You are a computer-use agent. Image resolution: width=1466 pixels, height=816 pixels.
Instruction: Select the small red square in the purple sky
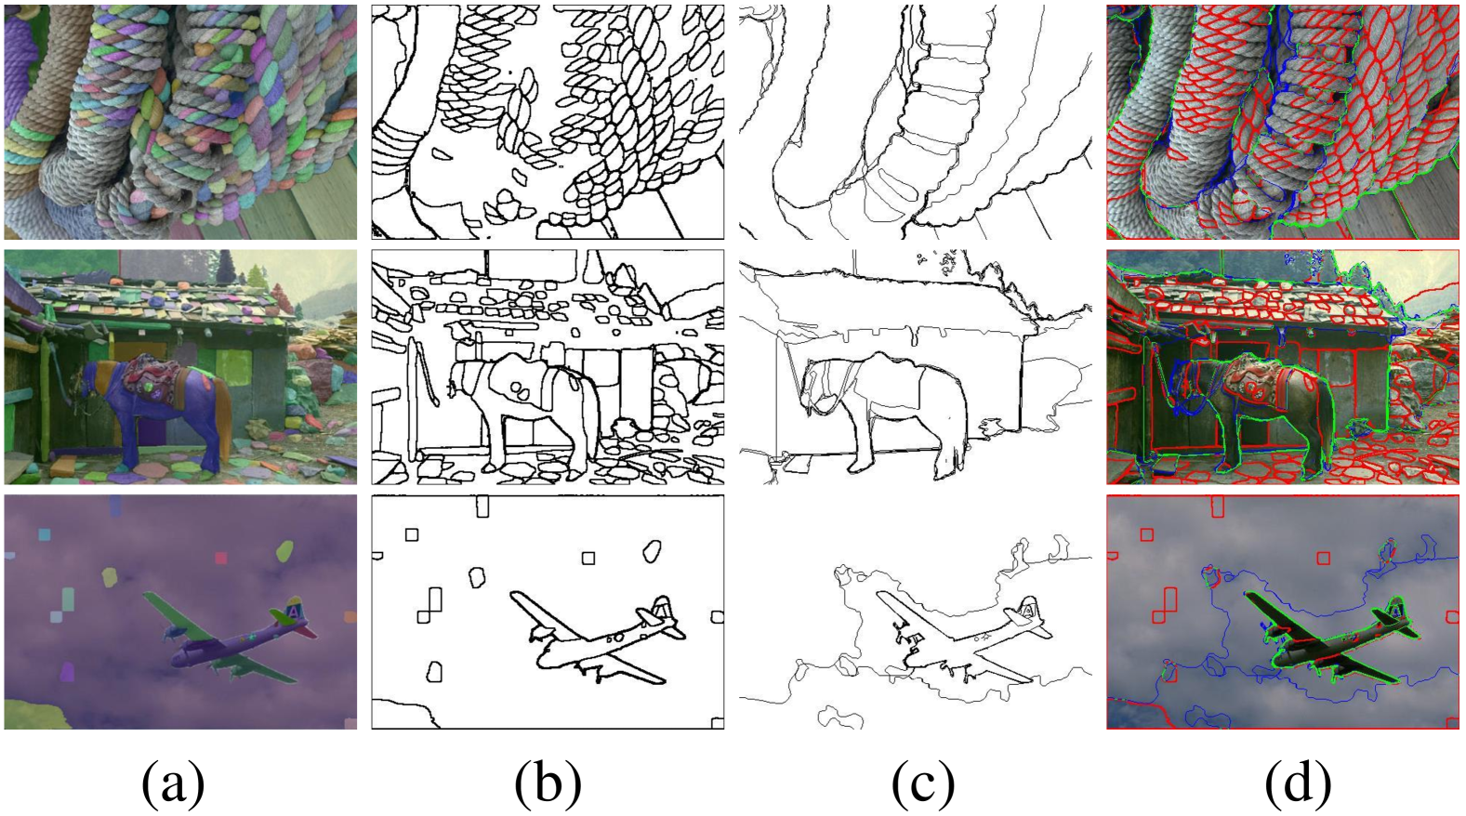(x=220, y=558)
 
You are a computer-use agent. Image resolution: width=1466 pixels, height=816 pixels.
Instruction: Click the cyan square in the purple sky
(x=44, y=534)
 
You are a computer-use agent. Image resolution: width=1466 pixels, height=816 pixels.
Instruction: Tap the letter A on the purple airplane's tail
(x=295, y=611)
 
